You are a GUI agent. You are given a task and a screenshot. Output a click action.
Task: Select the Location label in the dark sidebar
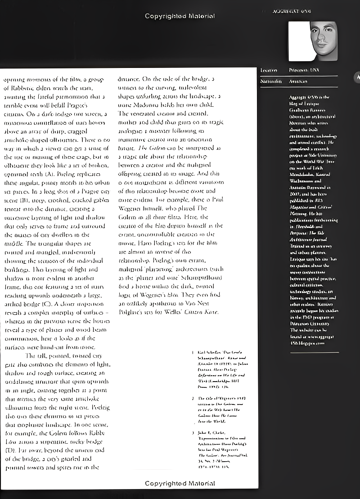tap(268, 71)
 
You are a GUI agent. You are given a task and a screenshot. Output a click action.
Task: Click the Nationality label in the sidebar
tap(271, 81)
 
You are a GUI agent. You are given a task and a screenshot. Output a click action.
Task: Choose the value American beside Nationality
tap(299, 81)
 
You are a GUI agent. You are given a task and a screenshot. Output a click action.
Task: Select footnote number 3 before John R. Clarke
tap(193, 433)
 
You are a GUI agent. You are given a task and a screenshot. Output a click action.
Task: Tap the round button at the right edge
tap(358, 77)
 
